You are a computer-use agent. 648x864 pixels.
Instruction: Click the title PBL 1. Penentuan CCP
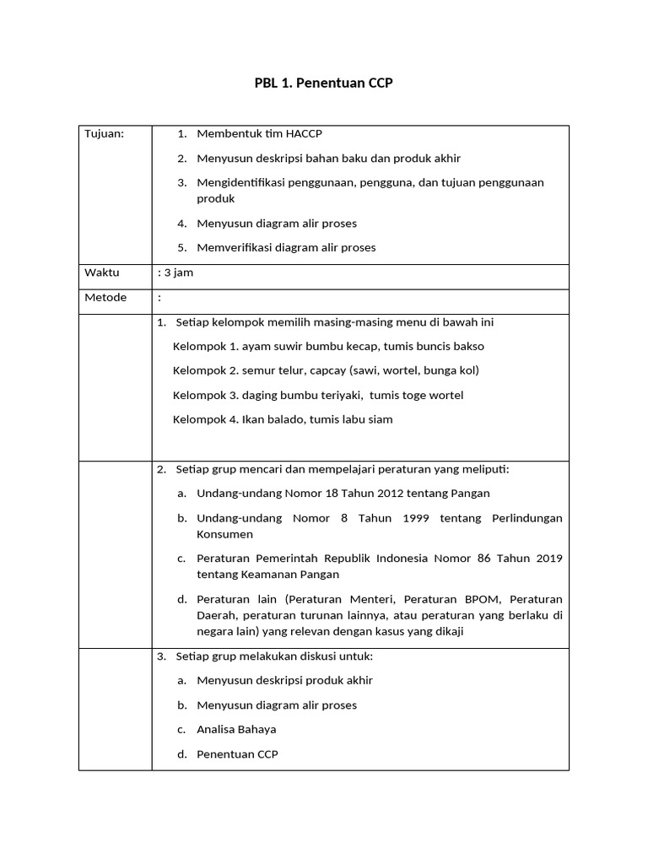point(324,84)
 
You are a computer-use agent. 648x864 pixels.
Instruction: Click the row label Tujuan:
point(104,133)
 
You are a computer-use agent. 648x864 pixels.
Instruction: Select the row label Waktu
point(102,273)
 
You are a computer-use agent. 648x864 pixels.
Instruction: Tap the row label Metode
point(105,297)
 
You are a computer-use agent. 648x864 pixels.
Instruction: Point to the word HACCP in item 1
point(305,133)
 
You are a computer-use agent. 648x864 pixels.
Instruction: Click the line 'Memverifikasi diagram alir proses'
point(286,247)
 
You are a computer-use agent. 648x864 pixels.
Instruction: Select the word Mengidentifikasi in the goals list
point(240,182)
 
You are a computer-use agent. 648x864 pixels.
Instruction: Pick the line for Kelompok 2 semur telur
point(326,370)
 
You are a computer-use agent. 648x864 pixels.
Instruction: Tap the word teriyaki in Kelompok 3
point(339,395)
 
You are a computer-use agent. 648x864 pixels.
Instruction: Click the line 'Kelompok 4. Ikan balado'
point(283,419)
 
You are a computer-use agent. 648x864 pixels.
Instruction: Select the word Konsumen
point(224,534)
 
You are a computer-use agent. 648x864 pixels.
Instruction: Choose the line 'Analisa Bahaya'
point(236,729)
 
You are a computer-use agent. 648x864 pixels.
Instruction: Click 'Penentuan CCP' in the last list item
point(237,753)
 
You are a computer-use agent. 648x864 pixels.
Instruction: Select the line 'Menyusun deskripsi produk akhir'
point(284,680)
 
